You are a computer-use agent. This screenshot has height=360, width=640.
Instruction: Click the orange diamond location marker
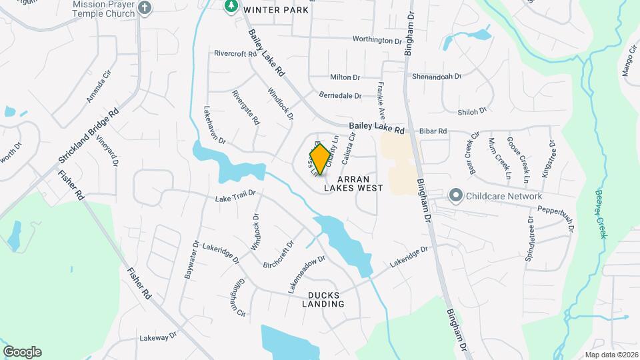point(320,159)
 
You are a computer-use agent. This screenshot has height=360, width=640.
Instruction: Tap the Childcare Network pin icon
point(456,196)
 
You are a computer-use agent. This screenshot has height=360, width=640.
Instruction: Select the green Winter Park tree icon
point(231,6)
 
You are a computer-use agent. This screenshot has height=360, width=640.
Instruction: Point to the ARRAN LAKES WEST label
point(353,184)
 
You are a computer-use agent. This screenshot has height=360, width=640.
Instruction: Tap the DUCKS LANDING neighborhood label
point(326,299)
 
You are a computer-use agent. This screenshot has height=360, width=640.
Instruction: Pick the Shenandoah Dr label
point(437,77)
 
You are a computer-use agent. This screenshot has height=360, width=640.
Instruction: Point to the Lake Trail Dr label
point(235,197)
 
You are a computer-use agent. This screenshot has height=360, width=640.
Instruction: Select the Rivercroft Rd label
point(235,53)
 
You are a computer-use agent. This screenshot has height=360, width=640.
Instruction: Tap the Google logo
point(22,352)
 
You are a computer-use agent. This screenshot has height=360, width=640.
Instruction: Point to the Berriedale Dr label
point(340,96)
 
